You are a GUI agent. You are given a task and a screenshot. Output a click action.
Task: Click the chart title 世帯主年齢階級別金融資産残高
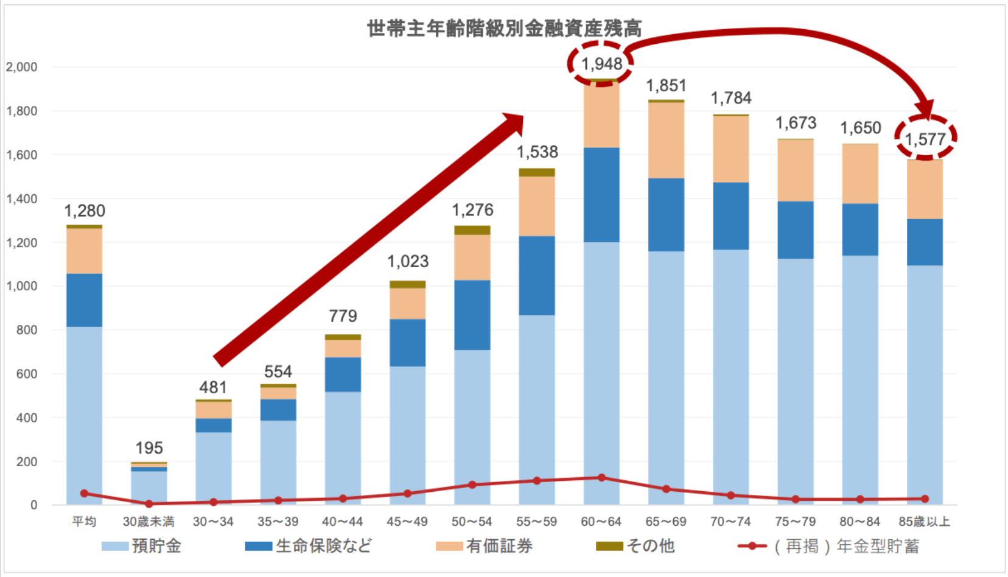(504, 29)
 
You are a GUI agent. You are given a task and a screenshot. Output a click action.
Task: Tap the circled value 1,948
(601, 64)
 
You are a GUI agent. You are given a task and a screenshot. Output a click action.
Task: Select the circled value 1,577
(925, 139)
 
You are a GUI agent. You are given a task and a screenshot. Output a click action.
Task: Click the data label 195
(149, 448)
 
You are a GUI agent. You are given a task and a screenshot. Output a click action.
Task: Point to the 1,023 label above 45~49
(408, 262)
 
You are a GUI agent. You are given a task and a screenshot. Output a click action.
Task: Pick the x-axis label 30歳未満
(149, 522)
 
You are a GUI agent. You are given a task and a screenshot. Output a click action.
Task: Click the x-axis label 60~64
(601, 522)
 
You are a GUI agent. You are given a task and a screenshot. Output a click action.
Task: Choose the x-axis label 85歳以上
(924, 522)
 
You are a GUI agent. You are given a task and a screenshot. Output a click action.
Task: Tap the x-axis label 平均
(84, 522)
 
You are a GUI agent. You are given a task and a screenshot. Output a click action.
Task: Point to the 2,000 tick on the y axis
(22, 67)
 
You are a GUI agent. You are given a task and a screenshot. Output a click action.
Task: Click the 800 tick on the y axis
(27, 330)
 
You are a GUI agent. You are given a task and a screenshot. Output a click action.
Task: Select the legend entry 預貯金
(142, 546)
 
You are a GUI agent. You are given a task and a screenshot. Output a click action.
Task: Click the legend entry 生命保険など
(309, 546)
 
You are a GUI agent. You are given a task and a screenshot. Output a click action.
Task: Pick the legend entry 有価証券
(485, 546)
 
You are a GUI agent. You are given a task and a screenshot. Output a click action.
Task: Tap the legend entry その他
(636, 546)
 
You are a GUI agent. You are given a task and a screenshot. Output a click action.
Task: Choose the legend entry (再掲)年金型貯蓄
(829, 546)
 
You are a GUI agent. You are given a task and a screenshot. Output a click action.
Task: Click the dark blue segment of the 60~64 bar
(601, 195)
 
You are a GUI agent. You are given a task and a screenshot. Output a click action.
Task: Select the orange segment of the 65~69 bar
(666, 140)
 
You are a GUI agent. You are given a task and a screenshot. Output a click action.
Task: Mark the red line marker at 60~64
(601, 478)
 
